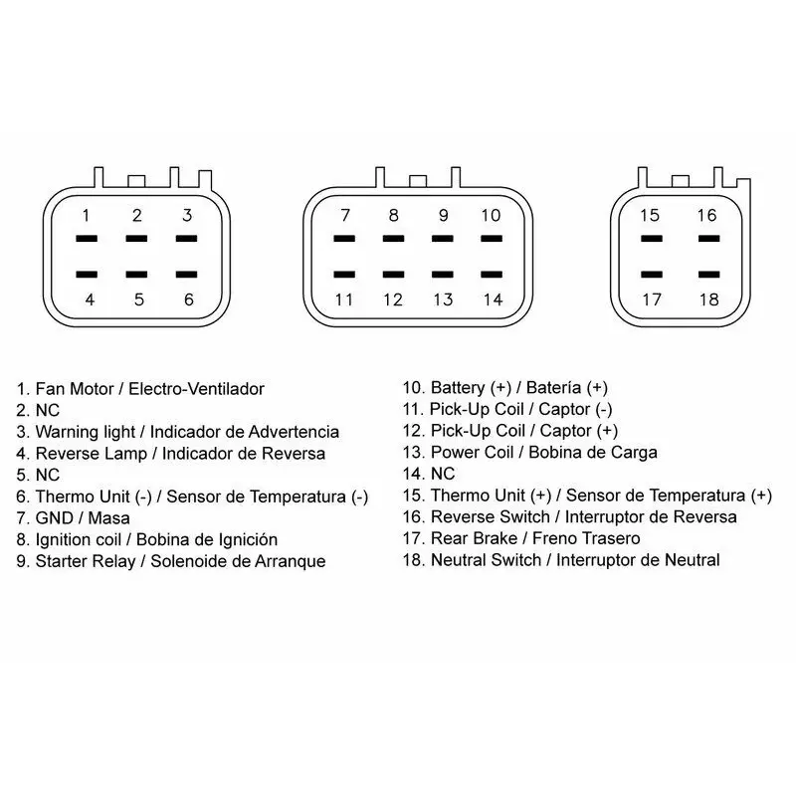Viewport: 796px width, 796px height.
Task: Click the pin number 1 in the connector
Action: pos(86,215)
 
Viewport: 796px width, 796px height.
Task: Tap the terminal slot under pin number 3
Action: pos(186,238)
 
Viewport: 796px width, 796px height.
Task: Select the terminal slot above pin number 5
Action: pos(136,275)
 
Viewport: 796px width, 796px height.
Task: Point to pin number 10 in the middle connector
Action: pos(491,215)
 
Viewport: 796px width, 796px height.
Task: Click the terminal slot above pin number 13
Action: pos(442,275)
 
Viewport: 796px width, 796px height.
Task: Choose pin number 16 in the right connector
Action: pos(706,215)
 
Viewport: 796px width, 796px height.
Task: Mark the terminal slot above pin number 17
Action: pos(652,275)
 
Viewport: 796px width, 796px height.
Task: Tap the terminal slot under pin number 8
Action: pos(393,238)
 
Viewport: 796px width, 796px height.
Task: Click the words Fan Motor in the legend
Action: pos(75,389)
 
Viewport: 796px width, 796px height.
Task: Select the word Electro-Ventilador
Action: pos(196,389)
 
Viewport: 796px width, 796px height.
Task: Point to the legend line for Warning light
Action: pos(178,432)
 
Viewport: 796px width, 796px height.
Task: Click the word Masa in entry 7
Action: pos(109,518)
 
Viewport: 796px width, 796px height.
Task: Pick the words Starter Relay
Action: pos(86,561)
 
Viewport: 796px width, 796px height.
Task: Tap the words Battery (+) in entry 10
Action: pos(471,388)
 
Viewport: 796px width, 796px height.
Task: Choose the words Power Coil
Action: pos(472,453)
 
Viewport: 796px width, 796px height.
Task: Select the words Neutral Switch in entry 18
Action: pos(486,560)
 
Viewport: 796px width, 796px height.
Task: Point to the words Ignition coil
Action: pos(79,540)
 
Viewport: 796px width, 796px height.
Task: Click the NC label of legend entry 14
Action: pos(443,475)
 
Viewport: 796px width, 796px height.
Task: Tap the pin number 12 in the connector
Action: pos(393,299)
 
